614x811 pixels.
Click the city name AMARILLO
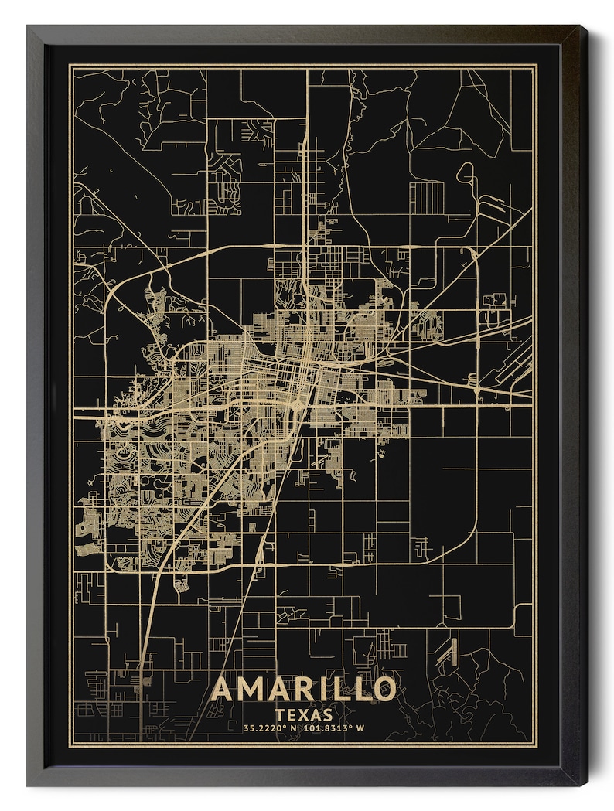pyautogui.click(x=303, y=688)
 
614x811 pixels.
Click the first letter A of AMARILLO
pyautogui.click(x=222, y=688)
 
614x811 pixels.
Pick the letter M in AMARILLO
pyautogui.click(x=251, y=688)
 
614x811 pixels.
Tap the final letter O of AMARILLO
pyautogui.click(x=384, y=688)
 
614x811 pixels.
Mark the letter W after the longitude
pyautogui.click(x=360, y=729)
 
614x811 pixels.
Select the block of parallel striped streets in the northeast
pyautogui.click(x=426, y=198)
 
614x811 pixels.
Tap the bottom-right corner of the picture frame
pyautogui.click(x=585, y=785)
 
